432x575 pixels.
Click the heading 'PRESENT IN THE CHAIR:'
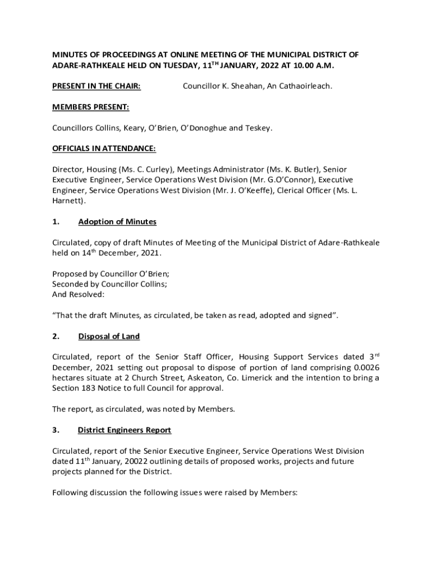click(96, 86)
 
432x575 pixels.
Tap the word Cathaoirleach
click(307, 86)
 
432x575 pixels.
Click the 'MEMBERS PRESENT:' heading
click(91, 107)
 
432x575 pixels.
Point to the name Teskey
click(259, 127)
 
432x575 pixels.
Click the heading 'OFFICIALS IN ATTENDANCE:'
click(104, 148)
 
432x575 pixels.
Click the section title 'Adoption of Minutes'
click(117, 221)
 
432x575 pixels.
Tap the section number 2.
click(56, 336)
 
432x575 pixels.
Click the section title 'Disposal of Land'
click(109, 336)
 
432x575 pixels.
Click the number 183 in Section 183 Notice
click(90, 388)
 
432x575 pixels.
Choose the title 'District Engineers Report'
click(125, 430)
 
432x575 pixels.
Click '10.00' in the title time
click(301, 66)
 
